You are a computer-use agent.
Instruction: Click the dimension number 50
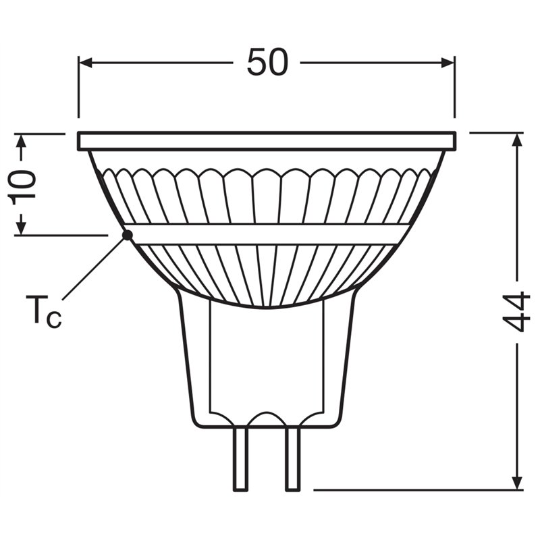(x=267, y=63)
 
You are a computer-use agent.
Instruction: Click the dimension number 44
(x=517, y=312)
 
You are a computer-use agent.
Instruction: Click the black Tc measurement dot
(x=126, y=235)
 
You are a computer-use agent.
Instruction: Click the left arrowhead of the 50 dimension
(x=85, y=63)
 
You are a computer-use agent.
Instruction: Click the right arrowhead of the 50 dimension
(x=448, y=63)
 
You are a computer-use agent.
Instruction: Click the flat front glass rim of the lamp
(x=267, y=141)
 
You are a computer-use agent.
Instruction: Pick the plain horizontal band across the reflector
(x=267, y=234)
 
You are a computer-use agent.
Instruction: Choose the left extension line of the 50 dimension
(x=78, y=88)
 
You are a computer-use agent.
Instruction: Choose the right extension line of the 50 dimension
(x=455, y=88)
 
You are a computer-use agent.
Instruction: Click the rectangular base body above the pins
(x=267, y=364)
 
